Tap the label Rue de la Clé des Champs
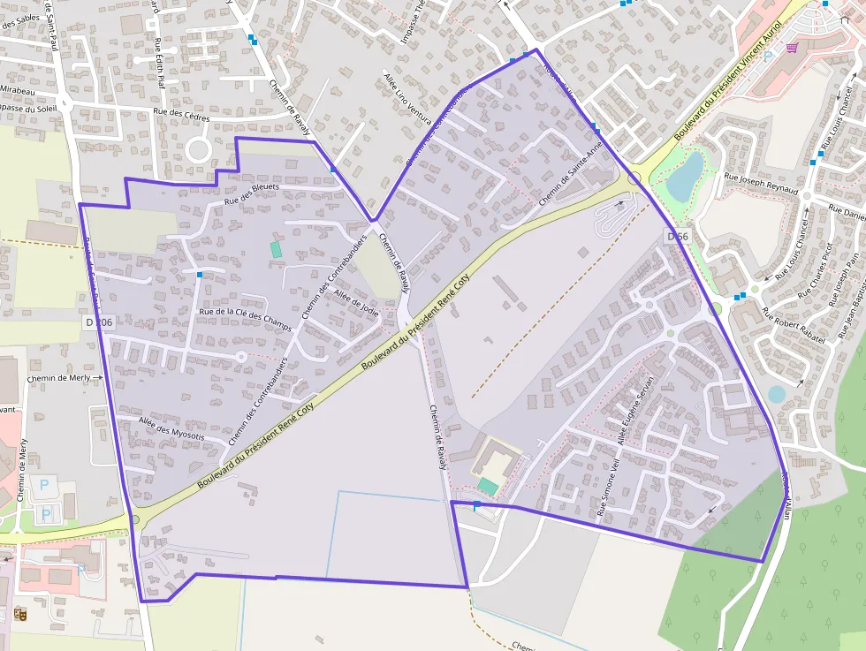(x=246, y=314)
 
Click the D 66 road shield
(x=678, y=236)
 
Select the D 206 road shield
(x=100, y=323)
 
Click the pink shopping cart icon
(x=792, y=48)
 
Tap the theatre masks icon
(x=19, y=612)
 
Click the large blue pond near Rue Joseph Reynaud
(x=685, y=176)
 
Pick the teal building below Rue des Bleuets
(x=276, y=249)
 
